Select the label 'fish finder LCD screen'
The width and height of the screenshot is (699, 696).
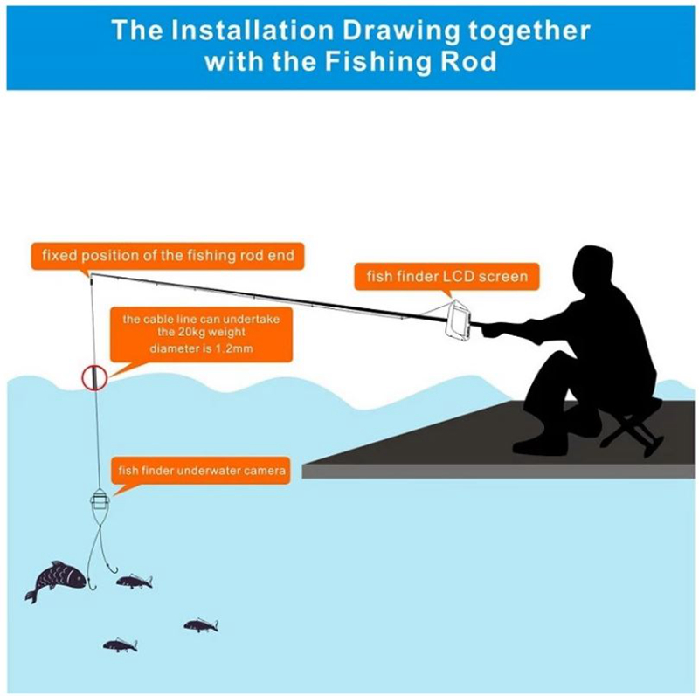coord(447,276)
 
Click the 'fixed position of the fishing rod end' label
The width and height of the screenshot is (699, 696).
coord(168,256)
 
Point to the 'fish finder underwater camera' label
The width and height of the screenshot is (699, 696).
coord(201,471)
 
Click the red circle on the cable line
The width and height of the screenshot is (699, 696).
coord(94,367)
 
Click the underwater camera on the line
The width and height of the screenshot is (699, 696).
coord(100,501)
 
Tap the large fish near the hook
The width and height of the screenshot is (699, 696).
coord(56,582)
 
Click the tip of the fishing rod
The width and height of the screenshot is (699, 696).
coord(91,275)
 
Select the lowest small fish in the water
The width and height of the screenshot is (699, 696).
coord(120,645)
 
